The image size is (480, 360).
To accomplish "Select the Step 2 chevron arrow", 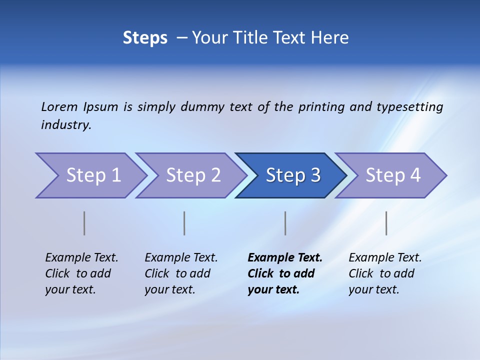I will [x=193, y=175].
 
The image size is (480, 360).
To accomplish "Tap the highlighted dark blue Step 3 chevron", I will [x=293, y=175].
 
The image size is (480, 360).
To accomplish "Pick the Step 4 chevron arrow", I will [x=393, y=175].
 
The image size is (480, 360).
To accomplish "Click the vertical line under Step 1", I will [x=84, y=223].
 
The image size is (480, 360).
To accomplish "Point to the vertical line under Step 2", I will [x=184, y=223].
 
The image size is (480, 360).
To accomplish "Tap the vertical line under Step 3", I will [x=285, y=223].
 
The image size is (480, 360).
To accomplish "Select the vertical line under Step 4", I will [x=386, y=223].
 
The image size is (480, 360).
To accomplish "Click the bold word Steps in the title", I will [x=145, y=38].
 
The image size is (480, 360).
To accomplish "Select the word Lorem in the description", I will [x=59, y=107].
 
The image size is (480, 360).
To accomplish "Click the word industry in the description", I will [x=66, y=125].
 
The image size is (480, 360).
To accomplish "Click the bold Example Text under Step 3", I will [x=285, y=257].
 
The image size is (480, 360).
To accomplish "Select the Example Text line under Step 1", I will [x=81, y=257].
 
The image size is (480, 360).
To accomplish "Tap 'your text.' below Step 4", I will [x=373, y=289].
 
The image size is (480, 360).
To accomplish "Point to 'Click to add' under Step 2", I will [x=177, y=273].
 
